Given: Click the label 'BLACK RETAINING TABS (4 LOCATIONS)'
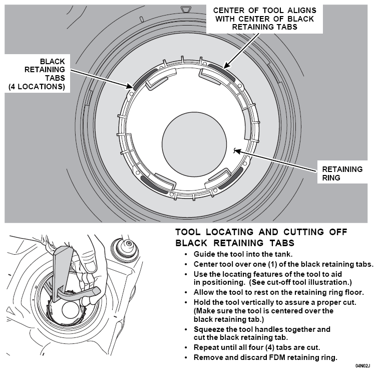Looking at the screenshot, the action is [x=37, y=74].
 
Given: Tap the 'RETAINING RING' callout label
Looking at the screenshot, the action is [x=342, y=173].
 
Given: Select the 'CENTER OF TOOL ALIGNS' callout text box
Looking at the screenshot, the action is [x=265, y=19].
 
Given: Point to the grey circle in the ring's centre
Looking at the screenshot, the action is [x=194, y=144].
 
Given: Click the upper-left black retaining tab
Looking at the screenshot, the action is [x=145, y=78].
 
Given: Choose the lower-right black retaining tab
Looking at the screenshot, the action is [x=231, y=178].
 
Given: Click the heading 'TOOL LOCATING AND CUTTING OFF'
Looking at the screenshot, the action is [x=261, y=232].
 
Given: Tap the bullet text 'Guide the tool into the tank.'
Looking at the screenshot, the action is [x=243, y=254].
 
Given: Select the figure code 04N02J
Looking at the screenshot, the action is [x=362, y=366].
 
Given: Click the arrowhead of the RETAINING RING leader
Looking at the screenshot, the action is [x=237, y=151].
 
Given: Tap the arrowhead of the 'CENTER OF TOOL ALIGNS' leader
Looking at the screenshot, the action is [x=226, y=66].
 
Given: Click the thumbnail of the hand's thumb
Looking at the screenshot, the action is [x=91, y=267].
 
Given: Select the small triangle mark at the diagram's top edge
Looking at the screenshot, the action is [x=186, y=10].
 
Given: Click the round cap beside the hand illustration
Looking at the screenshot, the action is [x=125, y=249].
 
